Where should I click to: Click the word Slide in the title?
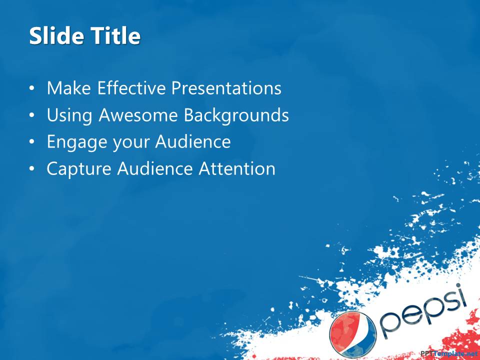(x=56, y=35)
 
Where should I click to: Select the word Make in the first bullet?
(x=69, y=88)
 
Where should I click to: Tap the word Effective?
(x=131, y=88)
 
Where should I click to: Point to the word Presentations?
(x=226, y=88)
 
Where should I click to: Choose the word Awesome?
(x=138, y=115)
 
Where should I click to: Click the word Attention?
(x=237, y=168)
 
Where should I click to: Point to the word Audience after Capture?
(x=155, y=168)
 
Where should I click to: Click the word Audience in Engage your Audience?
(x=193, y=142)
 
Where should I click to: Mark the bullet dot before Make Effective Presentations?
(x=32, y=88)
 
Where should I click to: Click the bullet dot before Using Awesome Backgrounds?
(x=32, y=115)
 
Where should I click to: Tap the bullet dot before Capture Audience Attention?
(x=32, y=169)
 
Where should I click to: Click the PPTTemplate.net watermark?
(x=449, y=353)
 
